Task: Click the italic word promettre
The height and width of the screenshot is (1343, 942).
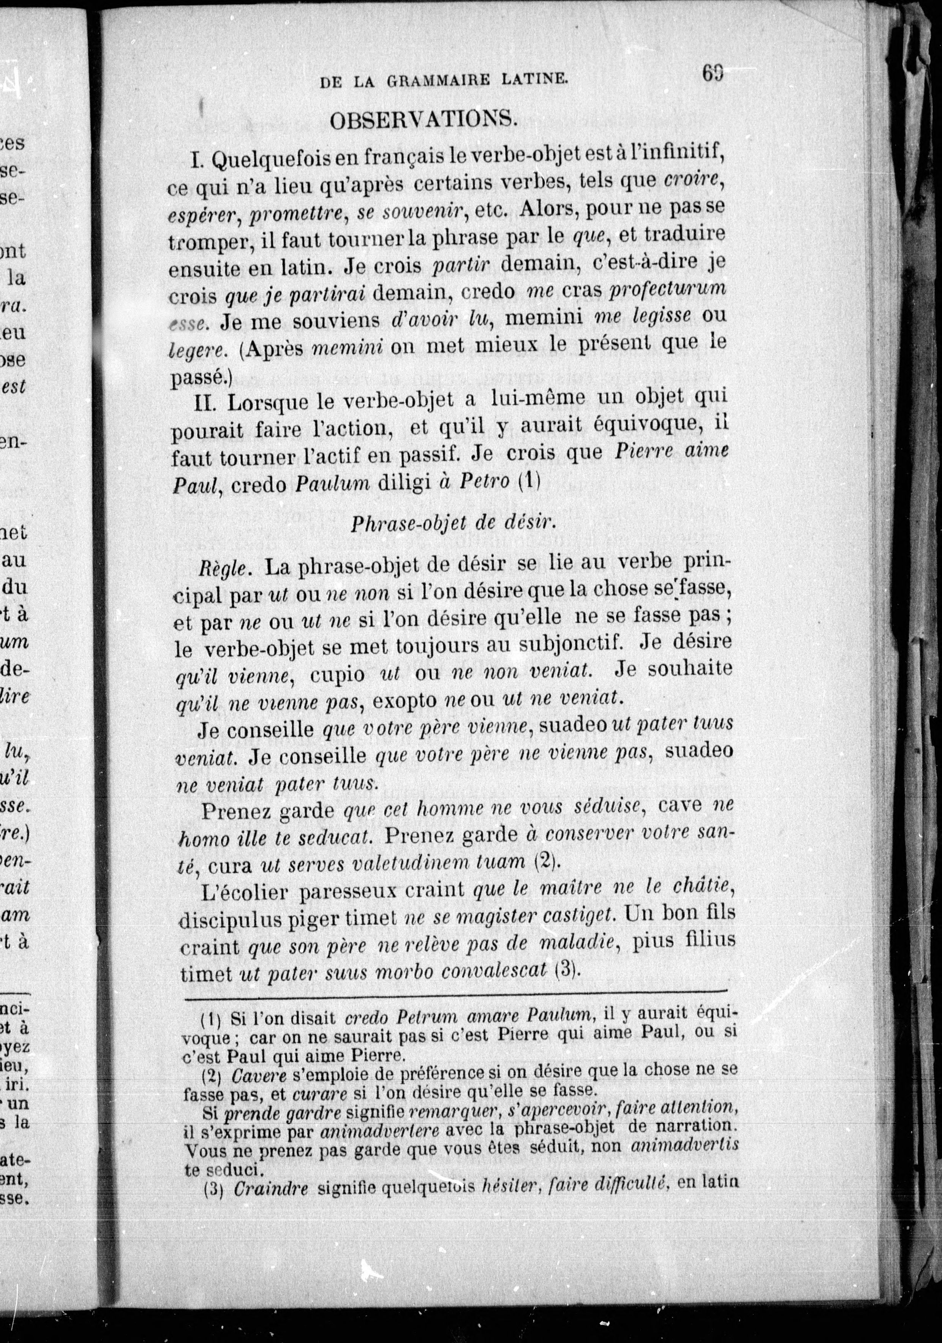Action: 296,216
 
